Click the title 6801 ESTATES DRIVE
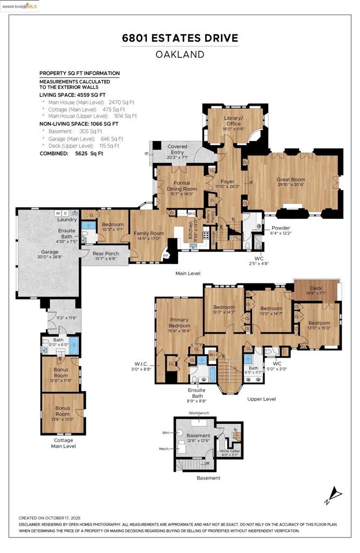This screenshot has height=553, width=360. [180, 38]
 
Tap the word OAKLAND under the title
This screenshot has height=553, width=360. [180, 55]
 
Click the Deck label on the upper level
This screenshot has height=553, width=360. [316, 289]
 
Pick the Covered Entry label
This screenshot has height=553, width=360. [177, 150]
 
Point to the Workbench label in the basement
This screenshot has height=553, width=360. [199, 413]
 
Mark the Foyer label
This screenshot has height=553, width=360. [223, 182]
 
